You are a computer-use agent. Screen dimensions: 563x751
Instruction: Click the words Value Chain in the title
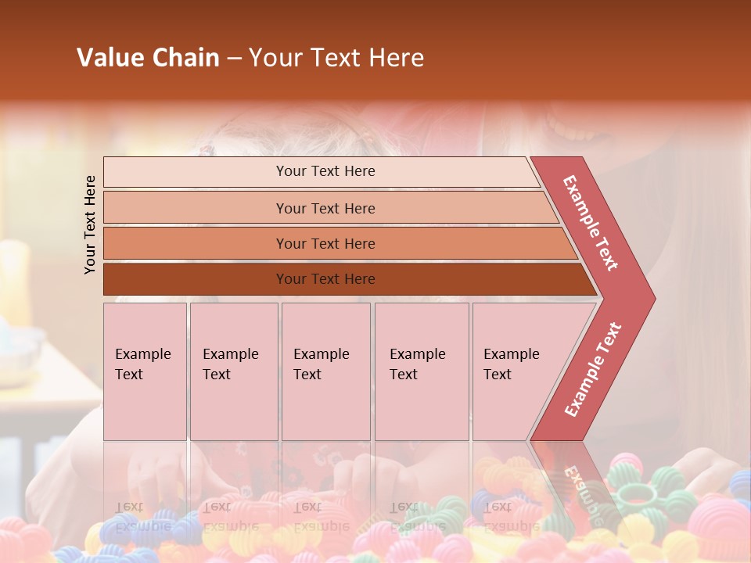click(148, 58)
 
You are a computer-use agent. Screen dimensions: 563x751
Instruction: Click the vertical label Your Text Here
click(90, 224)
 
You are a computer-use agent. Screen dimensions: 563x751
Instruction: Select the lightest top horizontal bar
click(196, 172)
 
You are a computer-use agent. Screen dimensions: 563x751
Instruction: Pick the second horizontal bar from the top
click(196, 208)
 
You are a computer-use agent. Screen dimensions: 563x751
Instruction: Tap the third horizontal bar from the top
click(196, 243)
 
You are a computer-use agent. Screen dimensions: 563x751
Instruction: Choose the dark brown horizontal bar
click(196, 279)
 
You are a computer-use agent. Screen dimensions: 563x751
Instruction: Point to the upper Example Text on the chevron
click(591, 223)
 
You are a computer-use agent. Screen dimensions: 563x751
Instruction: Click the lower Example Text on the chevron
click(592, 370)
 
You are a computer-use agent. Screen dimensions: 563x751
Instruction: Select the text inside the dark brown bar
click(325, 279)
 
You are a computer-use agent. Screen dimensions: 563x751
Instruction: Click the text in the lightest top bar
click(325, 171)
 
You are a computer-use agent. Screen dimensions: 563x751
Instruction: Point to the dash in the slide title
click(234, 58)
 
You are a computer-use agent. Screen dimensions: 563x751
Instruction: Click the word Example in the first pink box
click(142, 354)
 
